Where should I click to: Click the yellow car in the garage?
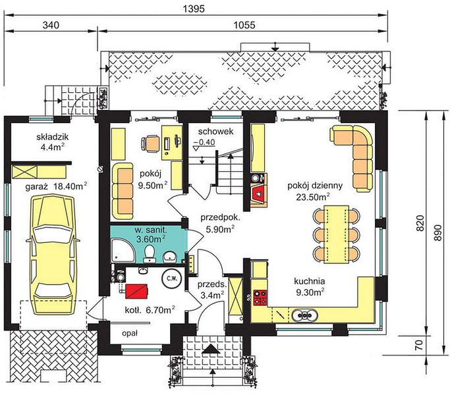(53, 255)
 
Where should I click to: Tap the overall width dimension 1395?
(194, 9)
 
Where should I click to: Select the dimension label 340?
(51, 25)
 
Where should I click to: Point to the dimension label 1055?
(244, 25)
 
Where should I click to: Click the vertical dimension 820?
(420, 223)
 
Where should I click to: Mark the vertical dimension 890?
(437, 232)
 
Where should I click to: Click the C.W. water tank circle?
(172, 278)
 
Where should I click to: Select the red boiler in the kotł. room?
(136, 290)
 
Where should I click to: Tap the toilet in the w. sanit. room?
(150, 254)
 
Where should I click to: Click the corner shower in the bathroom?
(123, 251)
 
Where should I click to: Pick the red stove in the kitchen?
(260, 298)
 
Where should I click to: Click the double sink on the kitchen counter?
(304, 315)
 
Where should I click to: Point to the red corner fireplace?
(259, 196)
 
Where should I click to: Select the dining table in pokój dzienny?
(337, 234)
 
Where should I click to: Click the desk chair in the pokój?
(151, 143)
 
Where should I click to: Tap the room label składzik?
(53, 137)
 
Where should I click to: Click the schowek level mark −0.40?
(204, 142)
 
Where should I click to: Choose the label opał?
(130, 333)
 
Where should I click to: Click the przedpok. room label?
(221, 217)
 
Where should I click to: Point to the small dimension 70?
(419, 344)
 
